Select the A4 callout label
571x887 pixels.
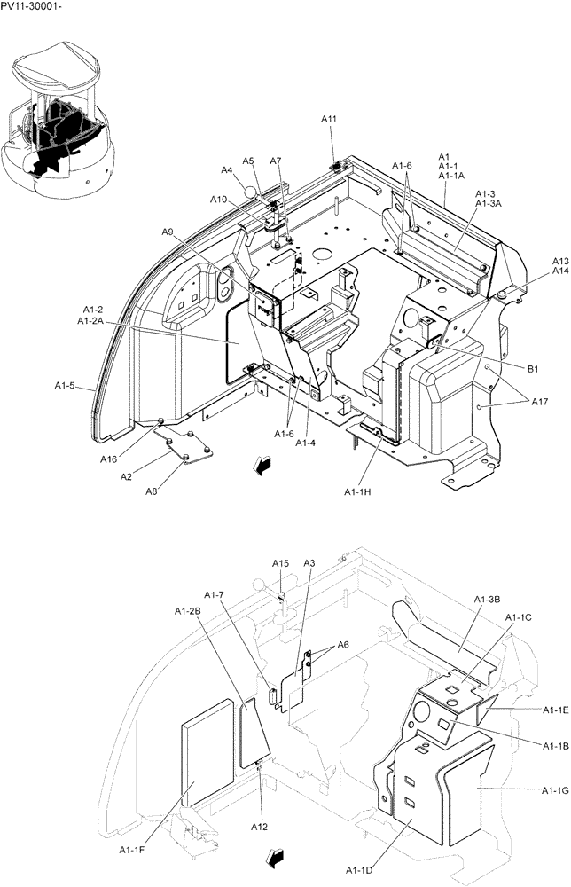227,169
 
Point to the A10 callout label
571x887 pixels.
219,200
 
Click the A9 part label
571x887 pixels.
168,232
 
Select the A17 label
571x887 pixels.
539,402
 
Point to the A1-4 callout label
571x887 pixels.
307,443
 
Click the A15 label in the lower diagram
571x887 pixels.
280,563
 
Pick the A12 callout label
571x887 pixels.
259,827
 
